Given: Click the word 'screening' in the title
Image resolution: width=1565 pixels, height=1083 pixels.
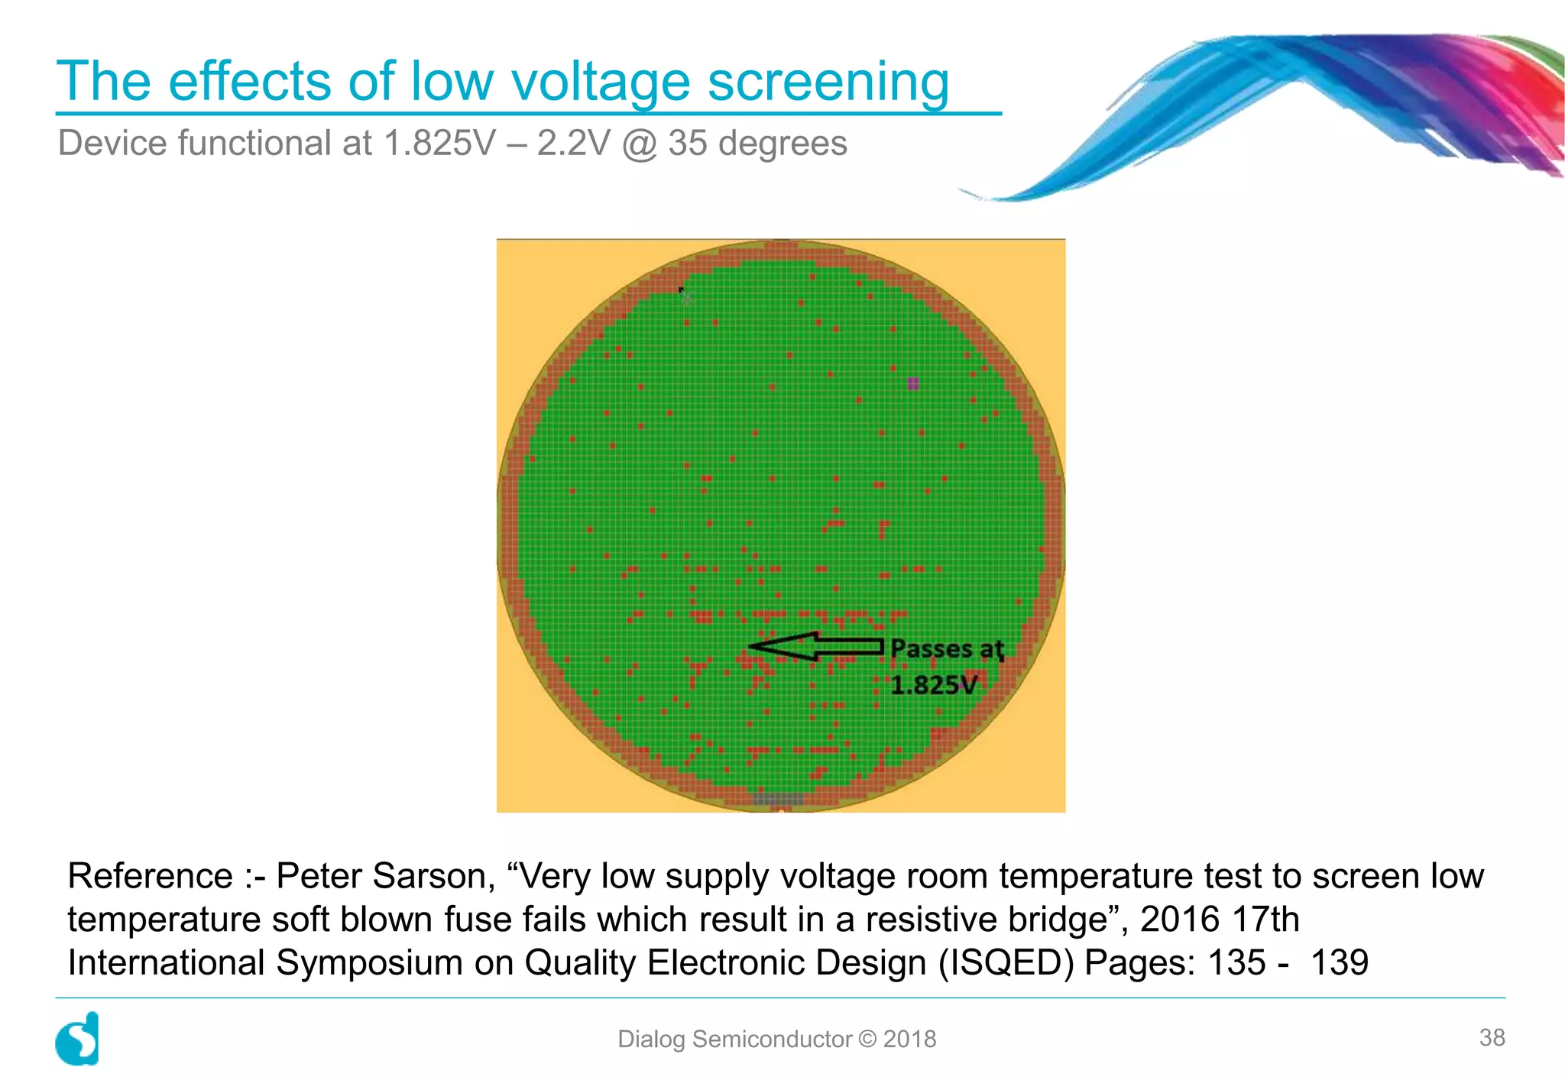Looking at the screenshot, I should click(828, 81).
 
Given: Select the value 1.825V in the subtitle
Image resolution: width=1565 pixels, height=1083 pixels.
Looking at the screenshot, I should click(439, 144).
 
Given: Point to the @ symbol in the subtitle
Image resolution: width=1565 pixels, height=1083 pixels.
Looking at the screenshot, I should click(640, 144).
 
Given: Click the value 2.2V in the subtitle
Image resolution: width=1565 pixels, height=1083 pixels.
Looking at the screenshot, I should click(573, 144).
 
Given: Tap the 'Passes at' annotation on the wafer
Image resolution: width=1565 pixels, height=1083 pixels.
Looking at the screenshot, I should click(947, 649).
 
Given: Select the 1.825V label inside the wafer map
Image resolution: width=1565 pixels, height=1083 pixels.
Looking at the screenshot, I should click(933, 685).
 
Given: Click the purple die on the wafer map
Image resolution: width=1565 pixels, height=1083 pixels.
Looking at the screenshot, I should click(912, 383).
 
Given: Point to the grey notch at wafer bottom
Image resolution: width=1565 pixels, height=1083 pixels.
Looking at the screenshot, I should click(778, 799).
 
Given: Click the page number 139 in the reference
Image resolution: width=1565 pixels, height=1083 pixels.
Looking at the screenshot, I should click(1340, 962).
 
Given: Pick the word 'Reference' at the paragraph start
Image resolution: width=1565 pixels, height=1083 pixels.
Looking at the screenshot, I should click(150, 876).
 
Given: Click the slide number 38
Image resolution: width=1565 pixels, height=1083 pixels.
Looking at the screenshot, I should click(1492, 1037).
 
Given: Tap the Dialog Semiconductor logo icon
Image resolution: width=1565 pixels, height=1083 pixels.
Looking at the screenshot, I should click(77, 1039).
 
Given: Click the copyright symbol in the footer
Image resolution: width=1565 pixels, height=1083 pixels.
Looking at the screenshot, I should click(867, 1039).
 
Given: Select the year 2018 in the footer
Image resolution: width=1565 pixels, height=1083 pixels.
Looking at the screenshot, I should click(909, 1039).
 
